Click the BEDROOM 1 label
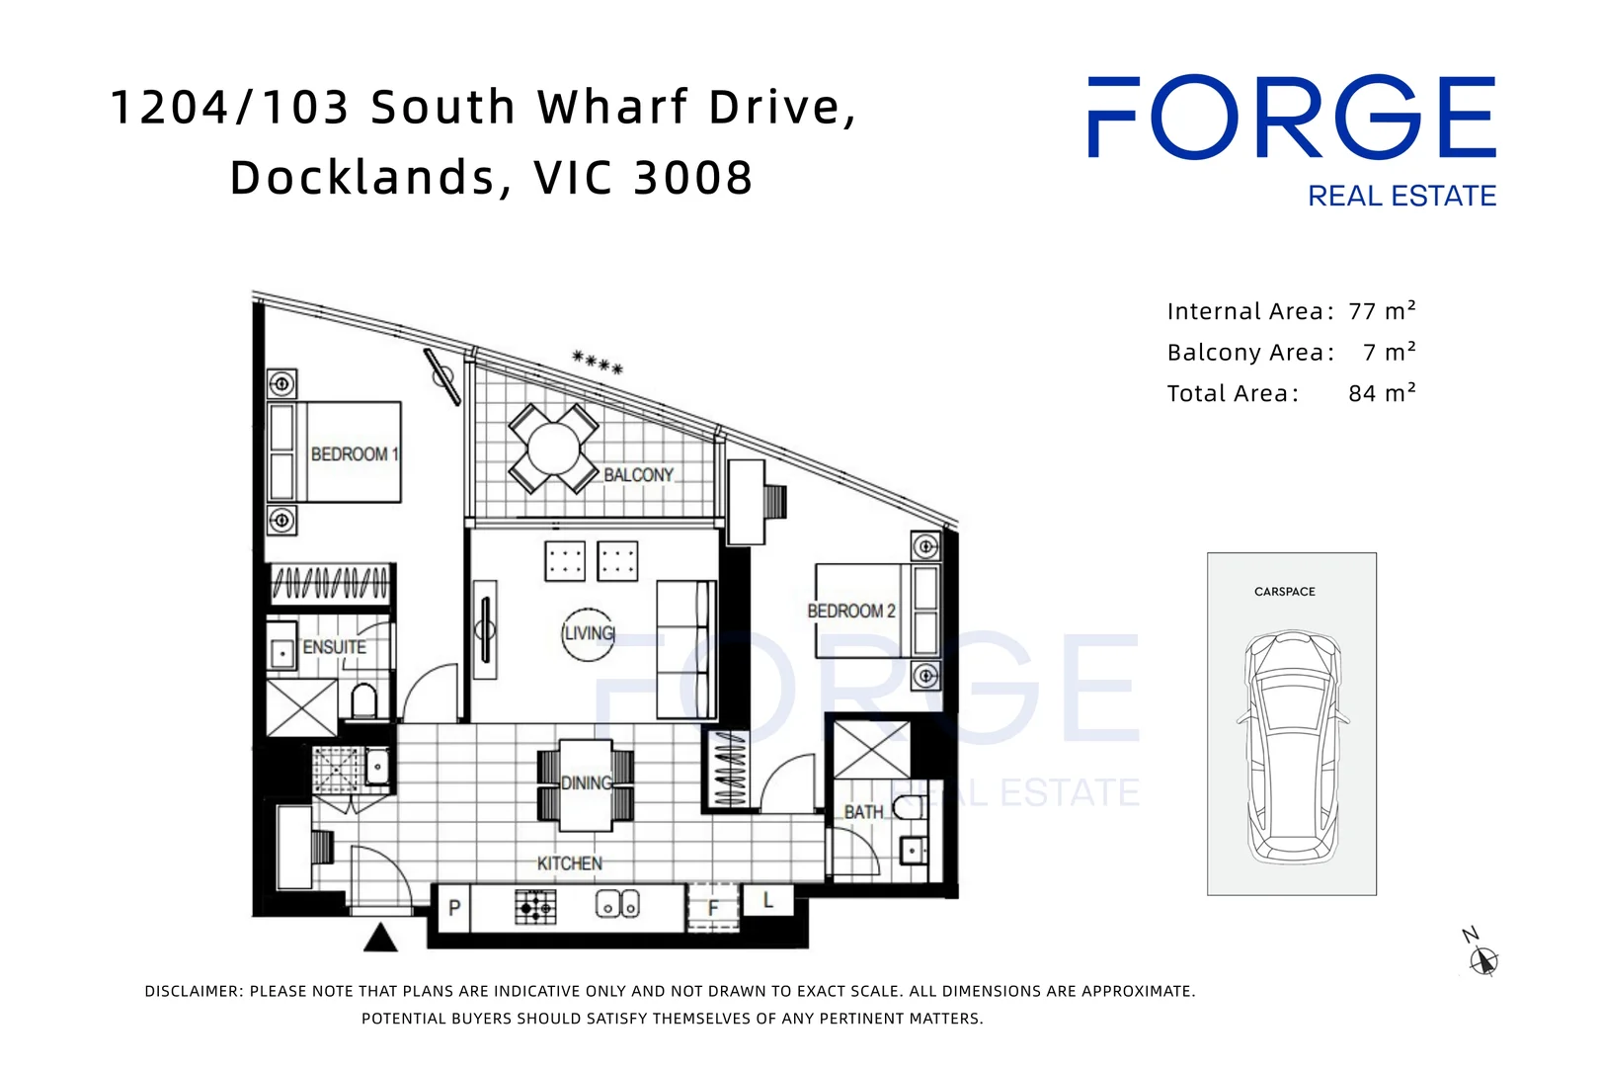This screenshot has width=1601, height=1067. (x=354, y=454)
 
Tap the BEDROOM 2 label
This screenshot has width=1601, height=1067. (x=850, y=612)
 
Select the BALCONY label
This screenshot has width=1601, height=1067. (x=638, y=475)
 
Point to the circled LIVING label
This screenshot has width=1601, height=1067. (x=589, y=633)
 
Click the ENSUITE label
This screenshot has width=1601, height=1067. (x=334, y=647)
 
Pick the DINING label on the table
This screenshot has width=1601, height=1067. (x=587, y=783)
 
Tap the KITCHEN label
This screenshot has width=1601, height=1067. (x=569, y=863)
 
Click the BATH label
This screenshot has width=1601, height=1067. (x=863, y=812)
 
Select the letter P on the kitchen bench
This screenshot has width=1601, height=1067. (x=454, y=908)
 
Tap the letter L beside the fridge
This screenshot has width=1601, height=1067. (x=767, y=900)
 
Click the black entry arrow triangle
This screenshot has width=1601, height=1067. (x=380, y=938)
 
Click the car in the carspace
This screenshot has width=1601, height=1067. (x=1292, y=747)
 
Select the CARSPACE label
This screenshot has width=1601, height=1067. (x=1284, y=592)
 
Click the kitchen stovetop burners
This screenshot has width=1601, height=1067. (x=535, y=906)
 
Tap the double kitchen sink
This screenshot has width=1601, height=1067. (x=617, y=904)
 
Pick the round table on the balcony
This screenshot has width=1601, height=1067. (x=553, y=449)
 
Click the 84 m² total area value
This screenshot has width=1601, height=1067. (x=1381, y=393)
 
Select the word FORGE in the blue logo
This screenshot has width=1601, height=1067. (x=1291, y=118)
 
